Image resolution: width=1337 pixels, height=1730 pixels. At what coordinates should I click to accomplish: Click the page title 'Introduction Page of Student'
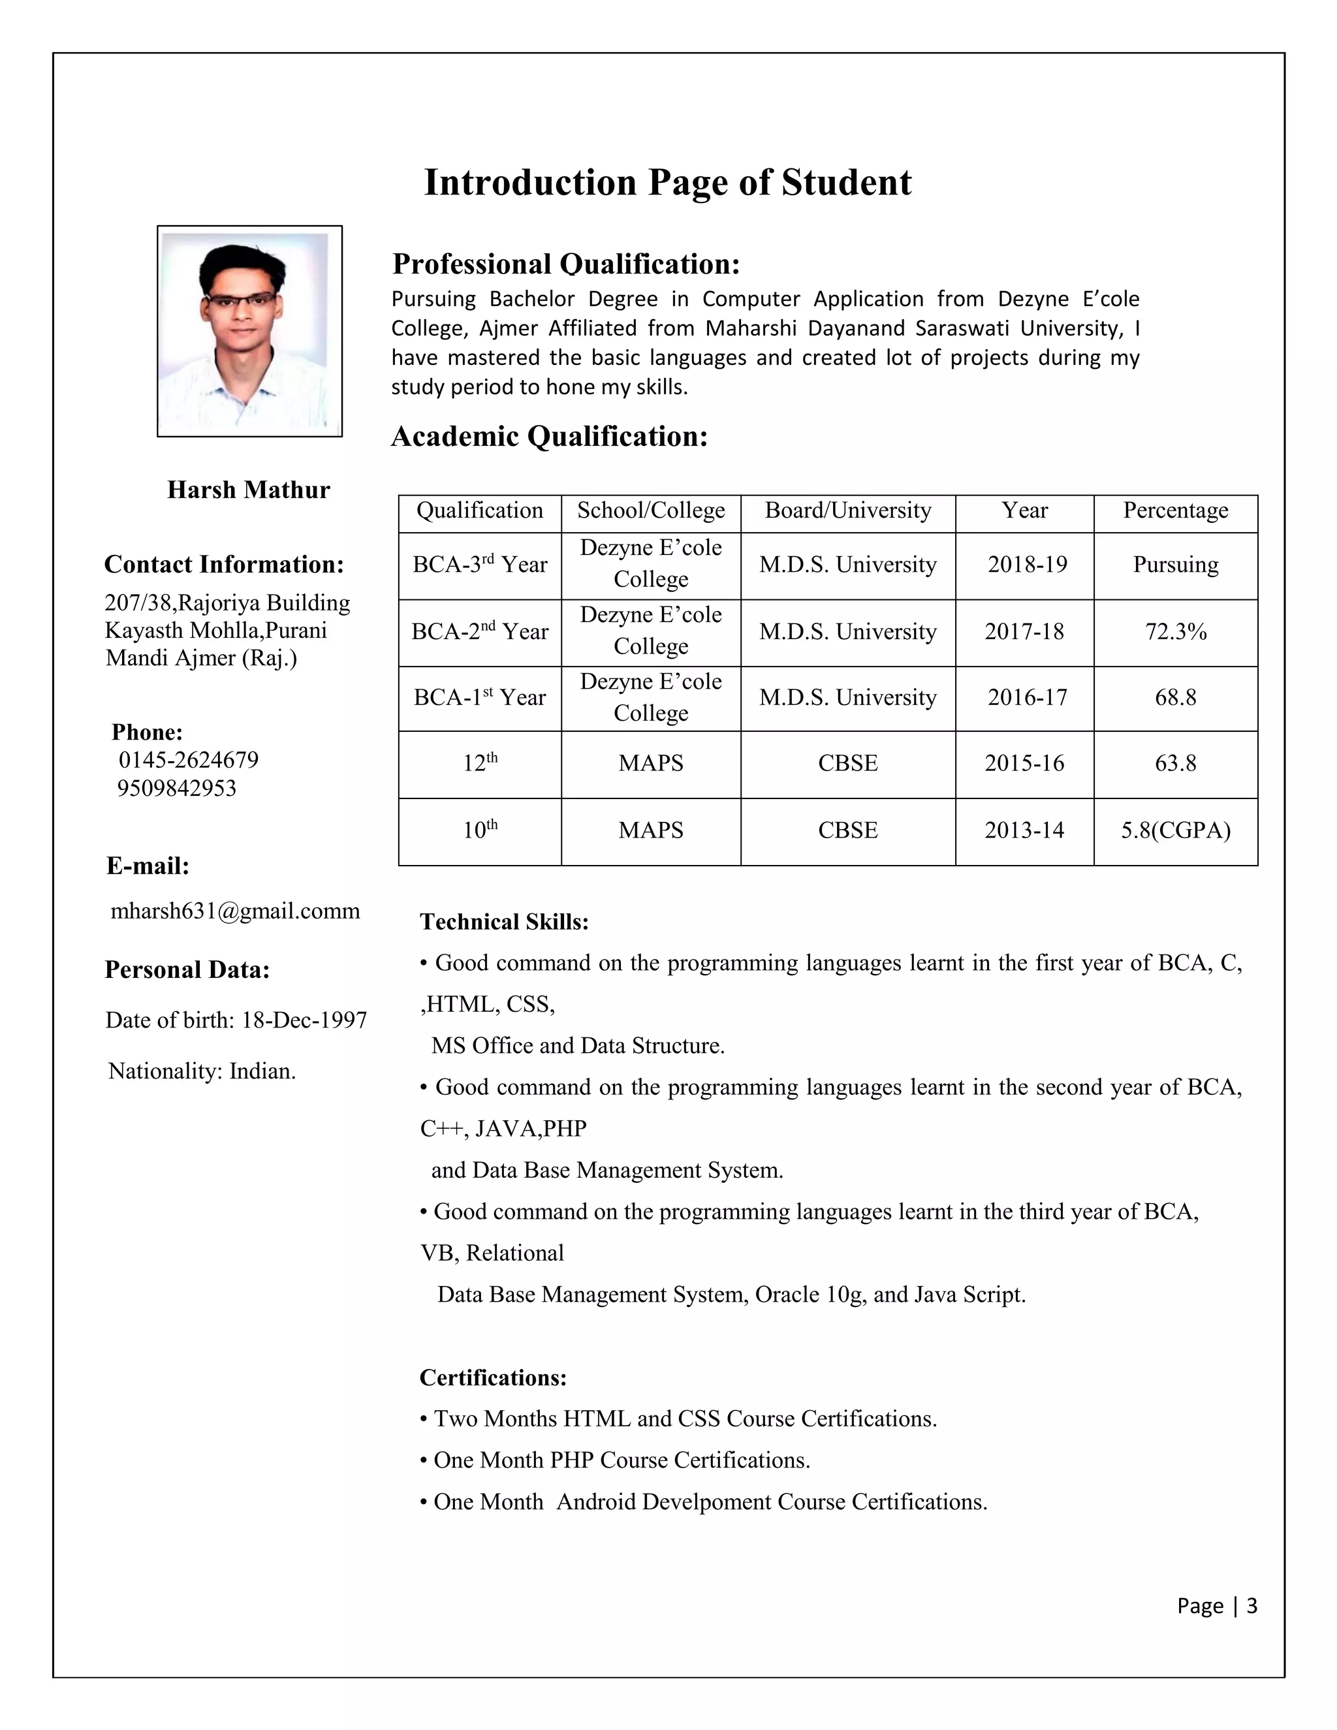[x=668, y=183]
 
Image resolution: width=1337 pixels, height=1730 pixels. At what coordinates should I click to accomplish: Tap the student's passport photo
[x=249, y=330]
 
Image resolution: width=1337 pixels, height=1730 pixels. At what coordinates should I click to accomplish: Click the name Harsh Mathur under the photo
[x=248, y=490]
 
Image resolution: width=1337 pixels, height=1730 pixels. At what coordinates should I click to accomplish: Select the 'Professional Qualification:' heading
[x=566, y=264]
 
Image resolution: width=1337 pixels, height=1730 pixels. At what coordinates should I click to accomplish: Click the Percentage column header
[x=1174, y=511]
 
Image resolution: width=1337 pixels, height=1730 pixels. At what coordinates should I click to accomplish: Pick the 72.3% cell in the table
[x=1174, y=632]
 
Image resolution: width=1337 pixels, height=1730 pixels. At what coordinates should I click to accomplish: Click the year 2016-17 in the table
[x=1026, y=698]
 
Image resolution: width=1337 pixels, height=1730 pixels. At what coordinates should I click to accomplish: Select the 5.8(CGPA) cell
[x=1174, y=831]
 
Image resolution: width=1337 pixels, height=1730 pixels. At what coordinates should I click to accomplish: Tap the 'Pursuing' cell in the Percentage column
[x=1174, y=565]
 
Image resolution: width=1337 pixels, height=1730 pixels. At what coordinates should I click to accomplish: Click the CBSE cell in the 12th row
[x=847, y=764]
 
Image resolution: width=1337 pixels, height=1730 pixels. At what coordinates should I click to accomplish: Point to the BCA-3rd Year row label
[x=479, y=565]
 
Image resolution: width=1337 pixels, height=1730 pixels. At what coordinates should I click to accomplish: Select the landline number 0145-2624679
[x=189, y=761]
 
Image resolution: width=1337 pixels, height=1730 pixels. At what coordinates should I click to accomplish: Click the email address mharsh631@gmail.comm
[x=235, y=912]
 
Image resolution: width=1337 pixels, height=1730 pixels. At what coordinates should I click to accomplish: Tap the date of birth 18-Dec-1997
[x=304, y=1020]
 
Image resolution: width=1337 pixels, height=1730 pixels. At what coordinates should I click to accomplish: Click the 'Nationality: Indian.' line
[x=202, y=1072]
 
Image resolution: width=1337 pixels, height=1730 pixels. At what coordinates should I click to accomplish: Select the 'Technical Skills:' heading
[x=504, y=922]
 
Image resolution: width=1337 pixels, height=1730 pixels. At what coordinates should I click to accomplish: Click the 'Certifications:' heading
[x=493, y=1377]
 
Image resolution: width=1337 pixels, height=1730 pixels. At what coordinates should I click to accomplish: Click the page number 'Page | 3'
[x=1217, y=1606]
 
